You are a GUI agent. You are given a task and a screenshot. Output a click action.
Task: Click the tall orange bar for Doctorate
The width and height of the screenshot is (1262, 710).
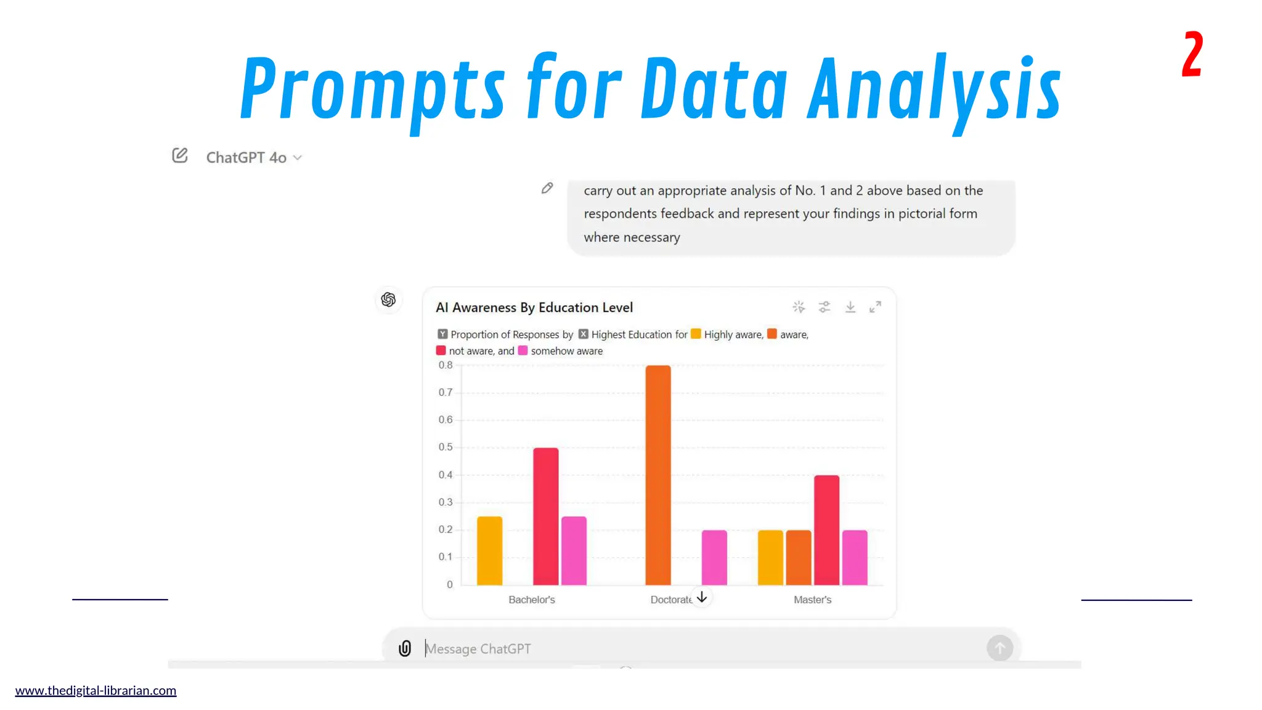[657, 475]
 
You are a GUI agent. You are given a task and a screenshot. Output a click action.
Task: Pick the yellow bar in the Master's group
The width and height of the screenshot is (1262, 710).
[770, 557]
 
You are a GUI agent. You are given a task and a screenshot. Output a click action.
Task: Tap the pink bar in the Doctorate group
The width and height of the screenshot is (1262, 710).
[714, 557]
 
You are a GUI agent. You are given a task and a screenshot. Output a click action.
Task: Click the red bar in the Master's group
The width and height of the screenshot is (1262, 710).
[826, 530]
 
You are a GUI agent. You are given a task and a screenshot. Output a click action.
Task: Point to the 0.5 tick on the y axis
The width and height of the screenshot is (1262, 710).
[446, 447]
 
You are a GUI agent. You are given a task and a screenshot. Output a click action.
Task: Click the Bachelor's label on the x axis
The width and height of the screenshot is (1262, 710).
[531, 600]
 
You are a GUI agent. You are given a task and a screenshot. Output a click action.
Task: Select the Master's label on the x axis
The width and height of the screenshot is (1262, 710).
[812, 600]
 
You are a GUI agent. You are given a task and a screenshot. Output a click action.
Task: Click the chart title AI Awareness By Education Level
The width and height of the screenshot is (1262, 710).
[534, 308]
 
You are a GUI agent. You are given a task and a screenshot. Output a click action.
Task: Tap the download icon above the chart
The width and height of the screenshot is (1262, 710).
[850, 307]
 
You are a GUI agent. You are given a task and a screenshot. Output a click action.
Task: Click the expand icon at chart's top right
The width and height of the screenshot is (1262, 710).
[875, 307]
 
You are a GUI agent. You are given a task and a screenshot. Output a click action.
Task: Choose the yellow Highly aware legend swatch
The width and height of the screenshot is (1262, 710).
[696, 334]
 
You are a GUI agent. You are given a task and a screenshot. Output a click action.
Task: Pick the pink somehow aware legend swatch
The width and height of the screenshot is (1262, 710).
[523, 351]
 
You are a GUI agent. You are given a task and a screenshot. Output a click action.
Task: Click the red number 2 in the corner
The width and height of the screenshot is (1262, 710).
[1192, 55]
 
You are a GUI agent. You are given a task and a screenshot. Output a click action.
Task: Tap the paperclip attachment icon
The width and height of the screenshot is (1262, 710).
[404, 648]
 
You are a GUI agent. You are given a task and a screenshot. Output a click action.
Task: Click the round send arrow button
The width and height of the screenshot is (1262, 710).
[999, 648]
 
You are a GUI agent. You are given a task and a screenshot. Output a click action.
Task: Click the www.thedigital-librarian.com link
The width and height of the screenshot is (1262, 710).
[96, 690]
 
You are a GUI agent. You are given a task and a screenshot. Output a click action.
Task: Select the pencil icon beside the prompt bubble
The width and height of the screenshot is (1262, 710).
[547, 188]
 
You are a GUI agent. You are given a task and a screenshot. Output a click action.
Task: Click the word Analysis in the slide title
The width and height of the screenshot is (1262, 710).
[933, 89]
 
